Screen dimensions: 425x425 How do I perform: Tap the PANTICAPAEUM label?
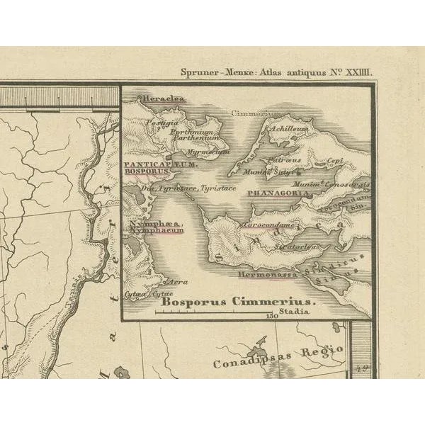(149, 164)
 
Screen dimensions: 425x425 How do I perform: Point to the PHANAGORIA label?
(277, 192)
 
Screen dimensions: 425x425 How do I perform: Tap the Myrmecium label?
(212, 151)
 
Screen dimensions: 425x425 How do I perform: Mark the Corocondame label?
(268, 225)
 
